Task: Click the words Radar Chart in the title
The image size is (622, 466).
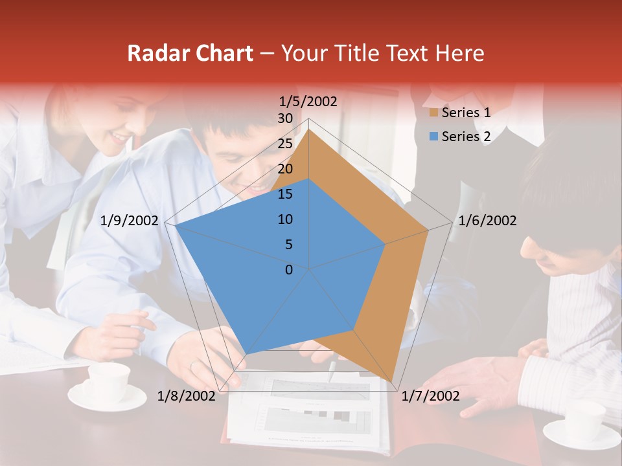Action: point(190,53)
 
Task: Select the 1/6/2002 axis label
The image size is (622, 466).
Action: point(487,221)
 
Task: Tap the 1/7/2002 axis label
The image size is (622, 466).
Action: point(431,396)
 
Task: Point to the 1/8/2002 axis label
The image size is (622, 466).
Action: point(186,396)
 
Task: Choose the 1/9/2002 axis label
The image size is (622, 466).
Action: point(130,221)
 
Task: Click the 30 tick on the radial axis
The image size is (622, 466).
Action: point(285,118)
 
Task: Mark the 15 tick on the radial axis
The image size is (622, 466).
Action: point(285,194)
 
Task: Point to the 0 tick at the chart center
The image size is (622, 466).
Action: point(289,270)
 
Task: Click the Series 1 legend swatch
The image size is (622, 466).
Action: point(433,113)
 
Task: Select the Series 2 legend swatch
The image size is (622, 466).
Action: point(433,137)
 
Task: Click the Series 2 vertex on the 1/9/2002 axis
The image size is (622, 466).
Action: point(176,226)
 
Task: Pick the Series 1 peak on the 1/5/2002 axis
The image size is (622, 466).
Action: point(309,129)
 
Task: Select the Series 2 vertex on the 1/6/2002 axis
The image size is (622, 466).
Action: point(386,244)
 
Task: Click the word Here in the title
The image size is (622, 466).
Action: point(460,53)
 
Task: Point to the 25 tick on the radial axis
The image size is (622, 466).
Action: point(285,144)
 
